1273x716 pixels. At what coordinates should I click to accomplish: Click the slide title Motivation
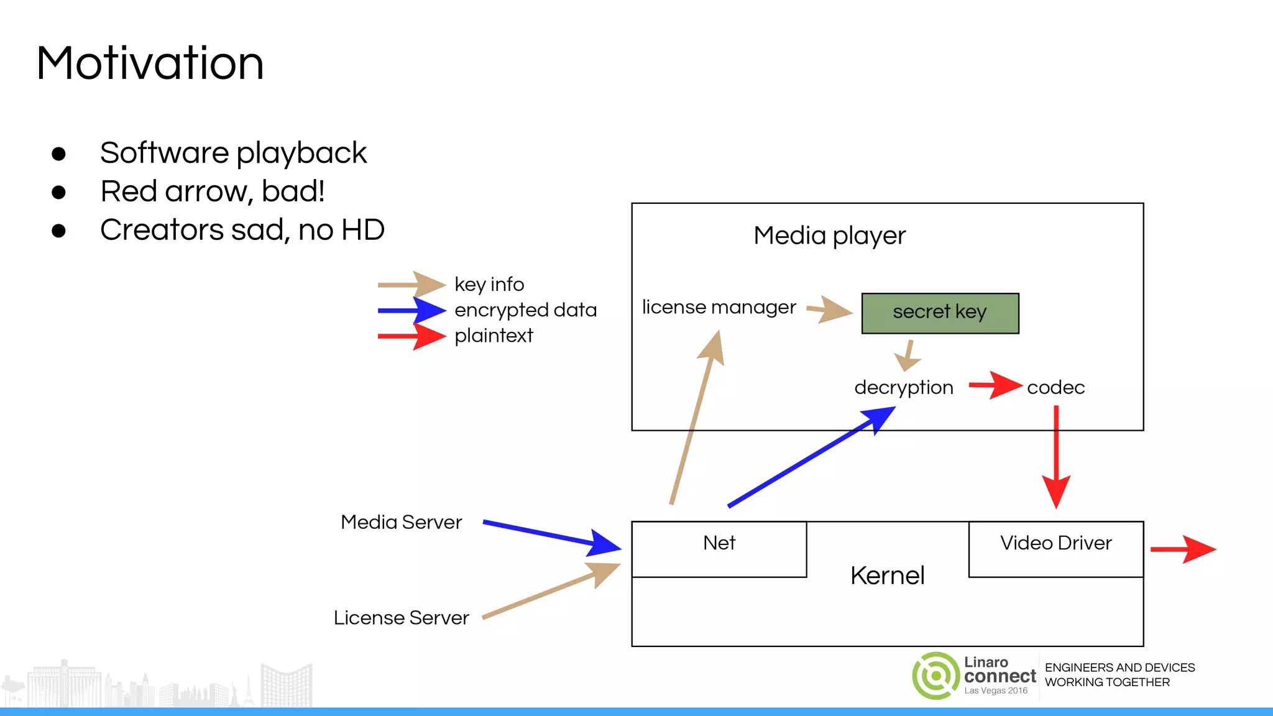(x=150, y=63)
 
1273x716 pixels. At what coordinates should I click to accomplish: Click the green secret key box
(x=939, y=313)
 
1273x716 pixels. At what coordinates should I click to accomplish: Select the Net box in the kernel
(x=719, y=548)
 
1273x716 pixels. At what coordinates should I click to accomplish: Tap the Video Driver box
(x=1055, y=548)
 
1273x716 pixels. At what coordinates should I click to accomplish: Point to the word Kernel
(x=887, y=576)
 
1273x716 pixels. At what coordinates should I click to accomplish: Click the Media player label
(x=829, y=236)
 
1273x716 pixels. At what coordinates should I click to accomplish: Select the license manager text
(x=719, y=308)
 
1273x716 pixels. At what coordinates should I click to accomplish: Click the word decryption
(x=903, y=388)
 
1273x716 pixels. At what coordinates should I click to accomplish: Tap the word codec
(x=1055, y=388)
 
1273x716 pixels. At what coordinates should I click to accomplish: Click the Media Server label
(x=401, y=522)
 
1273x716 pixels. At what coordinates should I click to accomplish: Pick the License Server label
(x=401, y=618)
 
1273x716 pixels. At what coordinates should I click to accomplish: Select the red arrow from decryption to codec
(x=995, y=385)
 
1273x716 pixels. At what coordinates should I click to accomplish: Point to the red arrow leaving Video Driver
(x=1182, y=549)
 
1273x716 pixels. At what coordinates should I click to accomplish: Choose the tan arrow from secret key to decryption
(x=908, y=356)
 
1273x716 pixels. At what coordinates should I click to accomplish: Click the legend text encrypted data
(x=525, y=310)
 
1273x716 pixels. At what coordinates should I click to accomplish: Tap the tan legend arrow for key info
(x=411, y=285)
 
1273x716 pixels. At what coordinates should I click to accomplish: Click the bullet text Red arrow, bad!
(x=213, y=191)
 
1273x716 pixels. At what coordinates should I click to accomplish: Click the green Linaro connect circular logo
(x=935, y=676)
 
